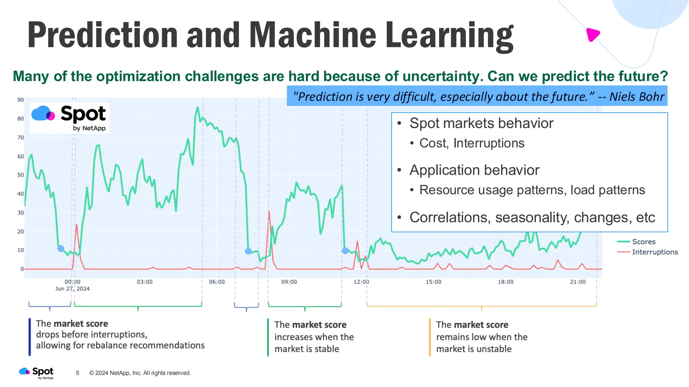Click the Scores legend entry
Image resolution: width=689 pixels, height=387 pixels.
(x=643, y=242)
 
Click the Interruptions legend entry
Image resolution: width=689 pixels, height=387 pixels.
(x=654, y=252)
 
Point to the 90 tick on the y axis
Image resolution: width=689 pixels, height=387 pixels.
(x=21, y=100)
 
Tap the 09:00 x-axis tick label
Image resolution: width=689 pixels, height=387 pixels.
(x=289, y=282)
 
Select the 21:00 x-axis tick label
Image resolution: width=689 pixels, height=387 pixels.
(x=578, y=282)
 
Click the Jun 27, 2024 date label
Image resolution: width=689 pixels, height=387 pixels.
(x=72, y=289)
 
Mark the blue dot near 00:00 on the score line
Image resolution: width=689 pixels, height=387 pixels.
(x=61, y=249)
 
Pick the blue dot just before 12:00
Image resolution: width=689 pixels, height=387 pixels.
(x=345, y=251)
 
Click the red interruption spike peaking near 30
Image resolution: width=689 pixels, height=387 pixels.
(x=269, y=212)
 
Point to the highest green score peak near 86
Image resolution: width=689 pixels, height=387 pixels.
(x=197, y=108)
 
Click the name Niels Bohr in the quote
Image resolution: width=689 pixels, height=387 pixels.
(x=637, y=97)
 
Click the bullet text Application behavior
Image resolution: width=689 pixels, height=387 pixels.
(x=474, y=170)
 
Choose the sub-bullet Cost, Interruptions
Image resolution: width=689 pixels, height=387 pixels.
(x=472, y=143)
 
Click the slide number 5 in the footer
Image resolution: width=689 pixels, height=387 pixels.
(x=78, y=373)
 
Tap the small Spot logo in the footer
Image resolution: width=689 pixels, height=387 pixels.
(x=36, y=373)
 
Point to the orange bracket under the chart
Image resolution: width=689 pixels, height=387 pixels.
(x=481, y=306)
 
